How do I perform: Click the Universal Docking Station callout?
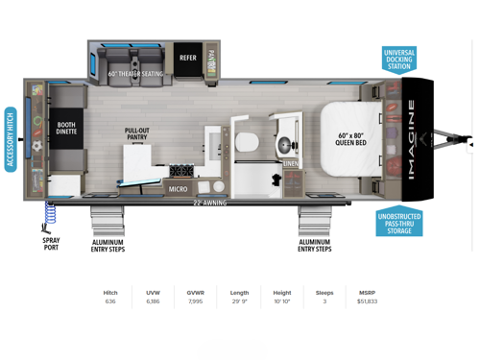398,59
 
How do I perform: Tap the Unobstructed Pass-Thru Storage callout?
398,221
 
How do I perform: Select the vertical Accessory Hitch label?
11,139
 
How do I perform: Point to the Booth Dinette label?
65,129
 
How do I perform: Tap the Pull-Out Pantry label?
136,134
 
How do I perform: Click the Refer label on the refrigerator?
188,58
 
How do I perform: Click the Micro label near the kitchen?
178,189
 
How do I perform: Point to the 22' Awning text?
209,203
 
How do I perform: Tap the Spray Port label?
51,244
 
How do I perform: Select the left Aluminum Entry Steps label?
108,245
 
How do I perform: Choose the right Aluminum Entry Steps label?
314,245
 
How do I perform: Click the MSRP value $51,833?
366,301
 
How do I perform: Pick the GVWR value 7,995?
195,301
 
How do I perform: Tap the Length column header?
239,293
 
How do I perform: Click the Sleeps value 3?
324,301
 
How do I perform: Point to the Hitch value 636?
110,301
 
